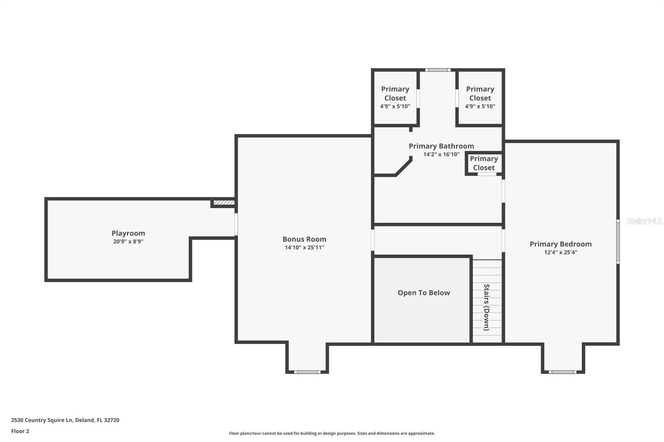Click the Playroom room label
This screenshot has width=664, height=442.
(x=128, y=233)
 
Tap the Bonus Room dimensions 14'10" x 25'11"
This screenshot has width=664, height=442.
(x=305, y=248)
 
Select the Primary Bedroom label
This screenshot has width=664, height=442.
(x=561, y=244)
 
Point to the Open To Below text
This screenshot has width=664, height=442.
(x=424, y=293)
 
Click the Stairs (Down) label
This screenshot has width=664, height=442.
(x=486, y=307)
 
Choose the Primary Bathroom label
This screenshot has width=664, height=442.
(x=441, y=146)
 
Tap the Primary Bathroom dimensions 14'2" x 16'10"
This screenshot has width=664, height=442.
(x=441, y=154)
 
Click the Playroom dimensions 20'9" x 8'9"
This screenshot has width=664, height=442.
(x=128, y=241)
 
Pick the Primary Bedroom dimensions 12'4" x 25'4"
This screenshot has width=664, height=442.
(x=561, y=253)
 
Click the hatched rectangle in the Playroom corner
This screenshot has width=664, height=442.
(x=224, y=203)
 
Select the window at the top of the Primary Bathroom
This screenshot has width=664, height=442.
(x=438, y=70)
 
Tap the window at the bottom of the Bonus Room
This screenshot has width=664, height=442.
(x=307, y=372)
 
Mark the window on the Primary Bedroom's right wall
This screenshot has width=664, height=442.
(x=618, y=242)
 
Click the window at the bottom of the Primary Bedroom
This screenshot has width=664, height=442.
(x=562, y=372)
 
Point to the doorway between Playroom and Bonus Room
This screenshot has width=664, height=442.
(x=236, y=224)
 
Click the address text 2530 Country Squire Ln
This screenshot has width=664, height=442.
(x=42, y=420)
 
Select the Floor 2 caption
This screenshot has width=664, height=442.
(x=20, y=431)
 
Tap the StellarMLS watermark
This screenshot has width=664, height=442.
(x=644, y=221)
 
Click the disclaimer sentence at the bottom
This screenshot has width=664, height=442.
(x=332, y=433)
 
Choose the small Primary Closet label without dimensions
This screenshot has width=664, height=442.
(x=484, y=163)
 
